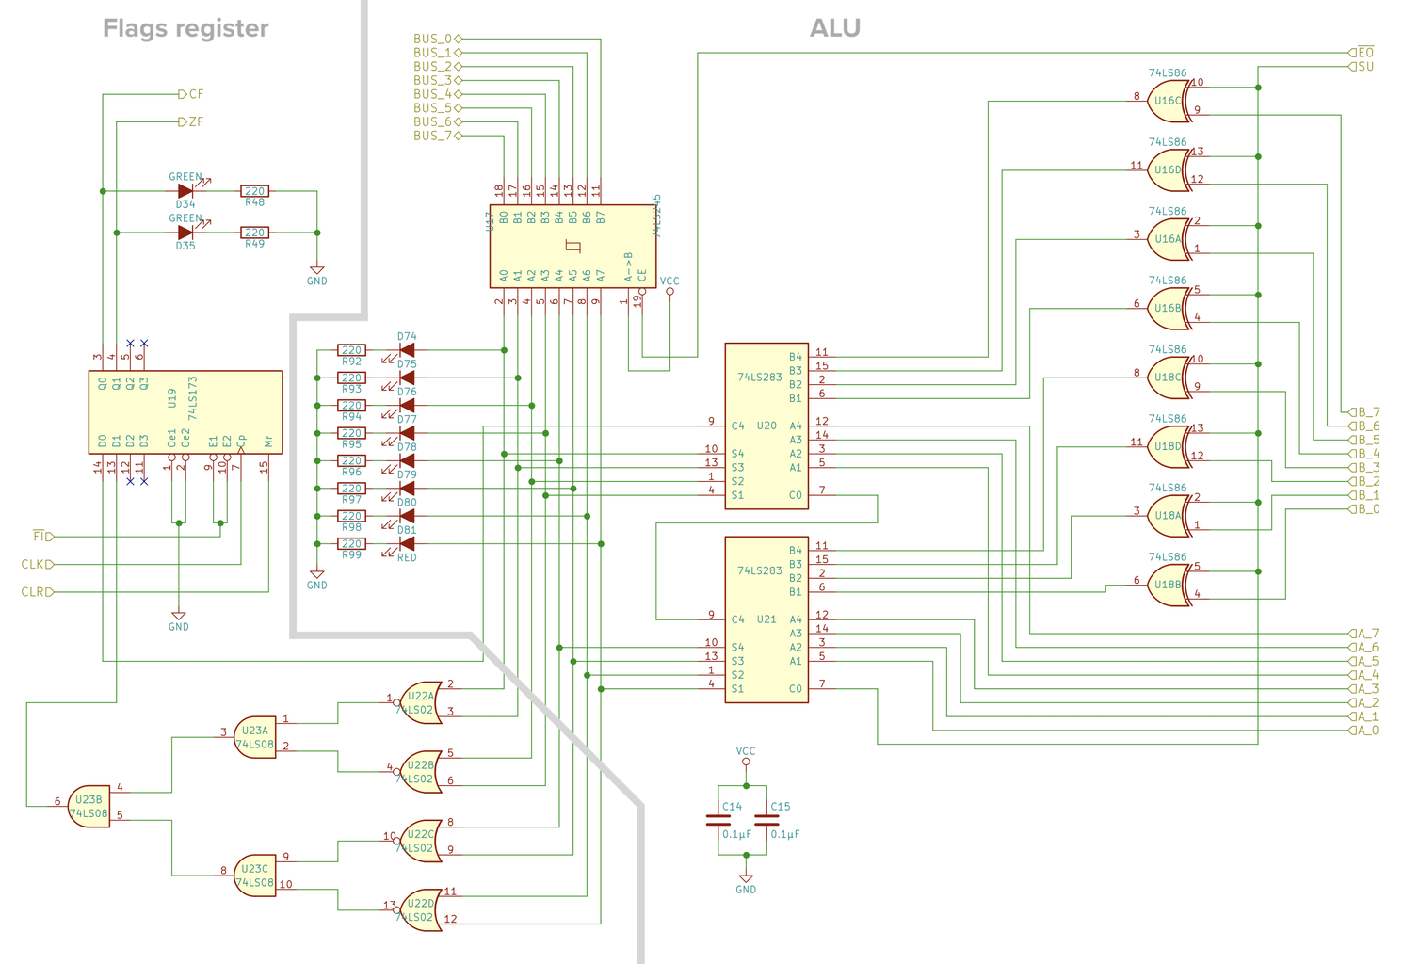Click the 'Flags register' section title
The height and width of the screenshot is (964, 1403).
pyautogui.click(x=185, y=28)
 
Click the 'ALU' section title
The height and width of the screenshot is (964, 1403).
pyautogui.click(x=834, y=28)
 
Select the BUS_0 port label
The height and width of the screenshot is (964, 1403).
pyautogui.click(x=432, y=39)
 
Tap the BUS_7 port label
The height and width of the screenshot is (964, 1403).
pyautogui.click(x=432, y=136)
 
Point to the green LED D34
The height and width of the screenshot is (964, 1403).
pyautogui.click(x=185, y=191)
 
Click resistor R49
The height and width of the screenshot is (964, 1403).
pyautogui.click(x=254, y=233)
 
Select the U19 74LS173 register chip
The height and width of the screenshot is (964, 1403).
pyautogui.click(x=185, y=411)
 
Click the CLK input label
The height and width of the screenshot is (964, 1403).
pyautogui.click(x=36, y=565)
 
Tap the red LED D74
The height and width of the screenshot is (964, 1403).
pyautogui.click(x=407, y=350)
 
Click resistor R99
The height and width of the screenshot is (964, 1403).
pyautogui.click(x=351, y=544)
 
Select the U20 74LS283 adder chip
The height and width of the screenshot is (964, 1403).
pyautogui.click(x=766, y=426)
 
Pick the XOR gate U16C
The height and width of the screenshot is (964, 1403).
pyautogui.click(x=1169, y=101)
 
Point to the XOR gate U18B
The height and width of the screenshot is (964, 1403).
pyautogui.click(x=1169, y=585)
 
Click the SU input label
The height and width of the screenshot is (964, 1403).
pyautogui.click(x=1364, y=67)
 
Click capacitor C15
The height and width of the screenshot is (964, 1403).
pyautogui.click(x=766, y=820)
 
